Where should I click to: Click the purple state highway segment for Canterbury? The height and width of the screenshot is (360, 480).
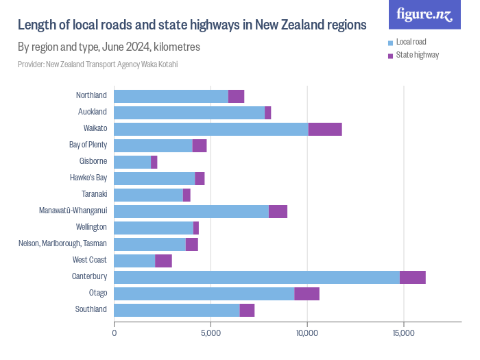pyautogui.click(x=412, y=277)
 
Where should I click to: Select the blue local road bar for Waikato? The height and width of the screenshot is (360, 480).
pyautogui.click(x=211, y=129)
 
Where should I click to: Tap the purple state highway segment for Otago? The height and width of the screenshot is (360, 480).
pyautogui.click(x=307, y=293)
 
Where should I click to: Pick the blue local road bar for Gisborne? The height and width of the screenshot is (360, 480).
pyautogui.click(x=132, y=162)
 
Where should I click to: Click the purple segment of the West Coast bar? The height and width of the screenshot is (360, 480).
pyautogui.click(x=163, y=261)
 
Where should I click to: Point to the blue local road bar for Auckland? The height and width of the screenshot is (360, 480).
pyautogui.click(x=189, y=112)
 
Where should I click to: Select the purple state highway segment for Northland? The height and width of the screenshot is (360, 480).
pyautogui.click(x=236, y=96)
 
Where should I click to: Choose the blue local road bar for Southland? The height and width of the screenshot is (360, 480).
pyautogui.click(x=176, y=310)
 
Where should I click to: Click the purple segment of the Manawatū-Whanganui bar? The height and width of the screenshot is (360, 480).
pyautogui.click(x=278, y=211)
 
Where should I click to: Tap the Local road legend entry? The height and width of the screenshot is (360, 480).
pyautogui.click(x=411, y=42)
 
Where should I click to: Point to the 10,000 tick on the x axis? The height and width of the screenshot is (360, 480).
pyautogui.click(x=307, y=333)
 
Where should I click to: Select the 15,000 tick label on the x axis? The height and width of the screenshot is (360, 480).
pyautogui.click(x=403, y=333)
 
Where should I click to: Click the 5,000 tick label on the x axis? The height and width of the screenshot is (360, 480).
pyautogui.click(x=211, y=333)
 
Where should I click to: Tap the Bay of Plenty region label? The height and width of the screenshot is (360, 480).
pyautogui.click(x=88, y=145)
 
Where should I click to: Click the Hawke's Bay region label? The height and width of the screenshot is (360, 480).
pyautogui.click(x=88, y=178)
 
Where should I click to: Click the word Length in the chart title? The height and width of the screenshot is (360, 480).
pyautogui.click(x=36, y=25)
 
